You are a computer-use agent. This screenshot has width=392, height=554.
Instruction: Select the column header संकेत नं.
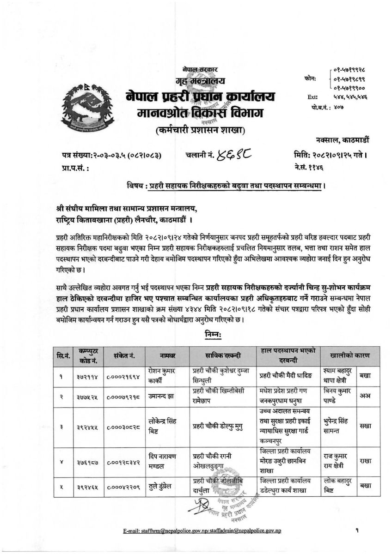click(122, 355)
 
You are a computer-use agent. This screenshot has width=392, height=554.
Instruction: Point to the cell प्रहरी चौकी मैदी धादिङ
click(283, 376)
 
